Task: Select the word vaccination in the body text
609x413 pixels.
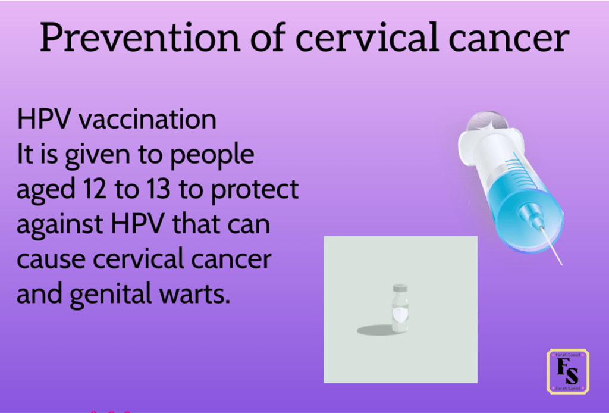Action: pos(147,119)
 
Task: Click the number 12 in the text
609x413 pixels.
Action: pos(95,189)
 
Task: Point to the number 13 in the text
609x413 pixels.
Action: pos(158,189)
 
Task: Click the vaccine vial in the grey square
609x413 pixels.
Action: pos(400,308)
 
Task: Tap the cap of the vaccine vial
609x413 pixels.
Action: pos(400,288)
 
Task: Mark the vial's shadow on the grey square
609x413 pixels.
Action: pos(375,330)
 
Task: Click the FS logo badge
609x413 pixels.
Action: pos(568,371)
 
